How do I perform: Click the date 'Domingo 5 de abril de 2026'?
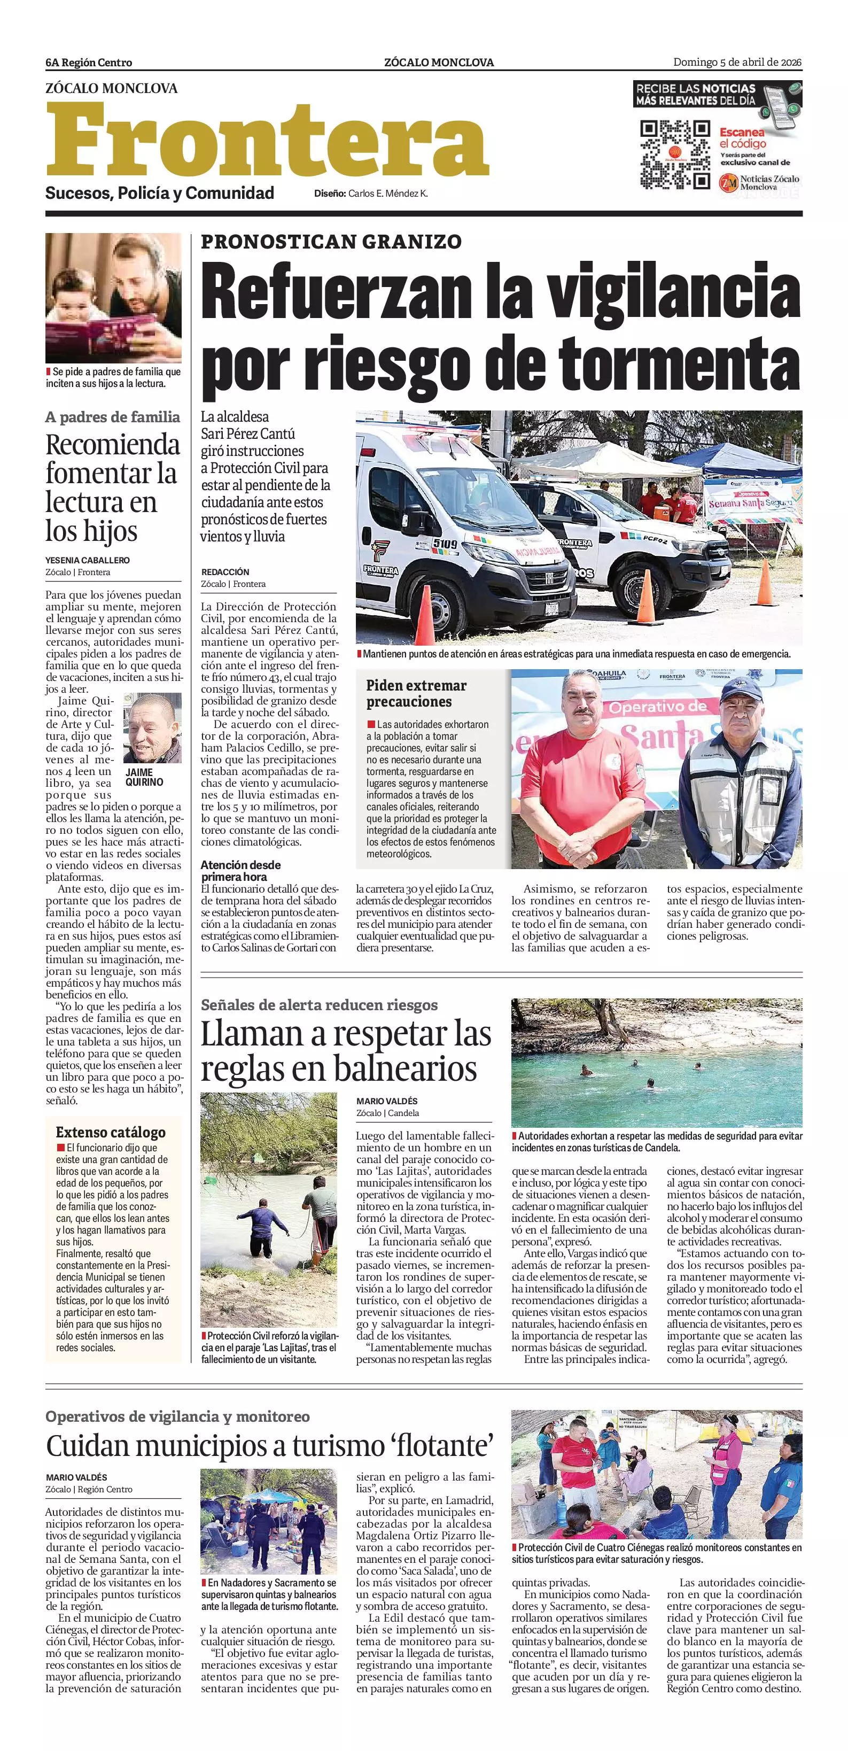[737, 63]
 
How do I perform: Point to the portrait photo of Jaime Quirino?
[152, 728]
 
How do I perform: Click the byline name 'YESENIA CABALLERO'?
[88, 560]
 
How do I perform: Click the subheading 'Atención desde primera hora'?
[240, 871]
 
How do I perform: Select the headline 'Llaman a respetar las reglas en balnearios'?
[346, 1051]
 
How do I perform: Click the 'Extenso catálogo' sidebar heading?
[111, 1133]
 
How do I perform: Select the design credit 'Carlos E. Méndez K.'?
[387, 193]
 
